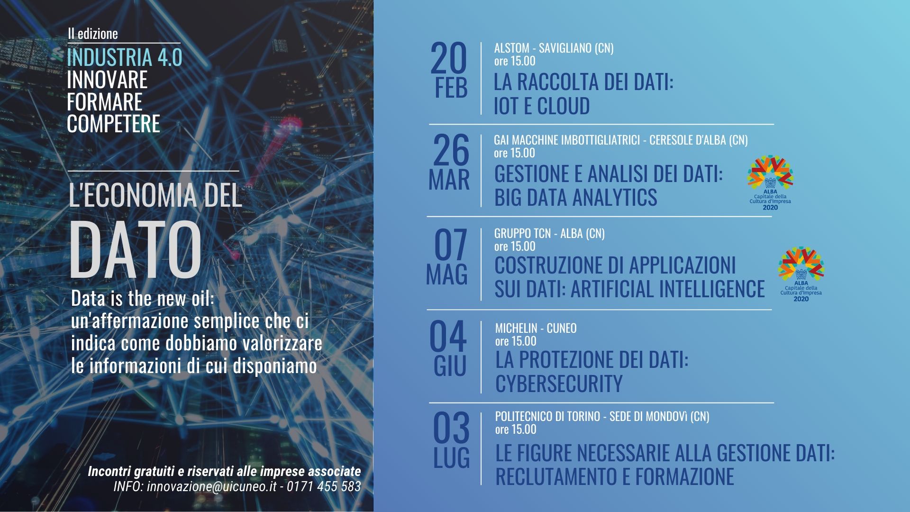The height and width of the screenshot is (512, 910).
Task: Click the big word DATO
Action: (136, 249)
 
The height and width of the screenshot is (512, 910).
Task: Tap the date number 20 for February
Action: (449, 59)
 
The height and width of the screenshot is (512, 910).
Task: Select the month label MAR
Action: (449, 180)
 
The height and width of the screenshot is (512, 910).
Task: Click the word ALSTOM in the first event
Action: (512, 48)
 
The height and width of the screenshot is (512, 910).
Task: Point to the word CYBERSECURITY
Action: (559, 384)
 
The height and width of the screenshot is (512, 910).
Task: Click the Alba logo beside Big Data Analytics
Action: (770, 183)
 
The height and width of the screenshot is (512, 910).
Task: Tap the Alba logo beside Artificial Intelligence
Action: (801, 274)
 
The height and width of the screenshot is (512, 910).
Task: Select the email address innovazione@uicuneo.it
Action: (211, 486)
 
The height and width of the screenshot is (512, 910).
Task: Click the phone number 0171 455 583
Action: (324, 486)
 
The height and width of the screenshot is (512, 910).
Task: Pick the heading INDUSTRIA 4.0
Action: (125, 57)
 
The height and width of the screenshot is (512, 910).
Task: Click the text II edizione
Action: (92, 34)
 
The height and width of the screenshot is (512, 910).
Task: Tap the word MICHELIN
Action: (516, 328)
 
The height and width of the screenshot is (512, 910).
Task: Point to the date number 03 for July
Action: (451, 428)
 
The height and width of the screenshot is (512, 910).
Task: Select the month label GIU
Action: (450, 366)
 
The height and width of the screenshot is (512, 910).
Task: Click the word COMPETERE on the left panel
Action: (114, 124)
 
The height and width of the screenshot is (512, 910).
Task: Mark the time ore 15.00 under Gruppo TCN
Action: (515, 247)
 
